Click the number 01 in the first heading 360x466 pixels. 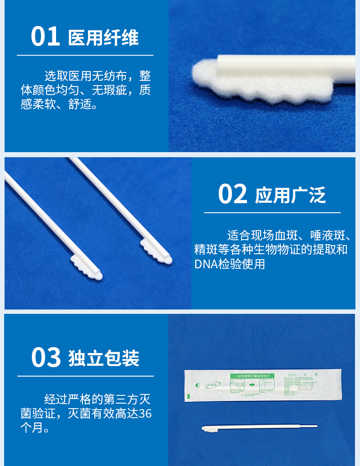point(46,37)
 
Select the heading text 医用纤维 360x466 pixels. point(103,38)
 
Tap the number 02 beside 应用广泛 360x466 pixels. point(232,195)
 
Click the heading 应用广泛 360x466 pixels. point(290,195)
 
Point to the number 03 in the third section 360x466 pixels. point(46,358)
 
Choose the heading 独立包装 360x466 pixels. point(104,359)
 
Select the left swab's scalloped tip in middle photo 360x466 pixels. point(87,267)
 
